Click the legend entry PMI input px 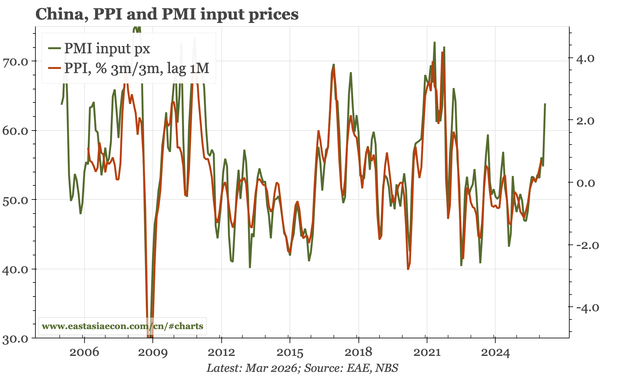point(107,49)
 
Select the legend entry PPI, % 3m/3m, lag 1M point(137,68)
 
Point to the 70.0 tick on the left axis point(15,61)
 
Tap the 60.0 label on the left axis point(15,131)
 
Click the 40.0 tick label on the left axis point(15,269)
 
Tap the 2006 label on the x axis point(84,352)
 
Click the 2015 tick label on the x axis point(290,352)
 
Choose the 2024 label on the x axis point(495,352)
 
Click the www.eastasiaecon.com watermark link point(122,326)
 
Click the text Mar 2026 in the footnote point(271,368)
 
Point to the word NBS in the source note point(387,368)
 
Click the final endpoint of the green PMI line point(545,104)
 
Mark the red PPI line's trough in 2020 point(408,269)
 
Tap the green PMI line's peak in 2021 point(434,42)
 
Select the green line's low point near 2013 point(250,267)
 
